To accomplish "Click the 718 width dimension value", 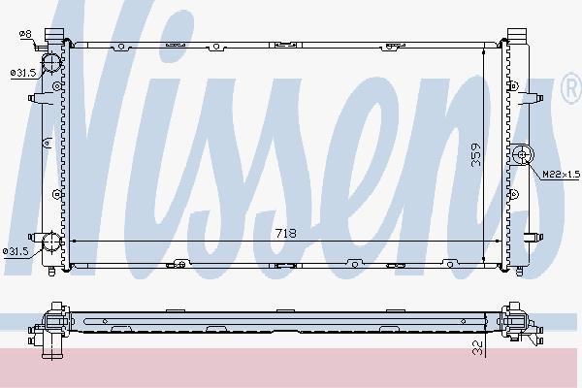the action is coord(286,233).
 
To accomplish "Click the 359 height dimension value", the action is coord(475,154).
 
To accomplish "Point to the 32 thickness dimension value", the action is coord(478,348).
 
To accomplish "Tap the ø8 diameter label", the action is coord(25,34).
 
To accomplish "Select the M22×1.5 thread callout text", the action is coord(562,175).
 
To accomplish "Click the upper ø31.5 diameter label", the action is coord(23,73).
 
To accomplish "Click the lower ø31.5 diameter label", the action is coord(16,251).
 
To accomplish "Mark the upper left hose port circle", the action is coord(50,62).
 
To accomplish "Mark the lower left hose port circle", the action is coord(50,242).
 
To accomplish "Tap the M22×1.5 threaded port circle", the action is coord(523,154).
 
